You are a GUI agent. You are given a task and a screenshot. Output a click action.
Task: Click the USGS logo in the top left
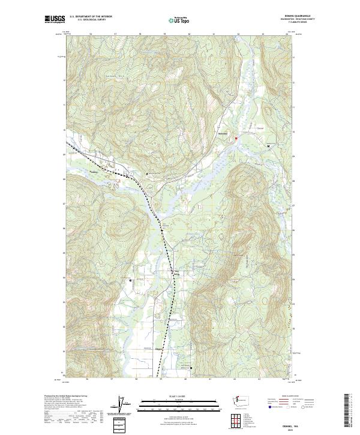click(x=55, y=20)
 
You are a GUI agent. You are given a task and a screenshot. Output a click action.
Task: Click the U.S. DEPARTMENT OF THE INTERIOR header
click(x=91, y=17)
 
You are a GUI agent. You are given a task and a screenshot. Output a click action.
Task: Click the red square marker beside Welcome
click(x=236, y=139)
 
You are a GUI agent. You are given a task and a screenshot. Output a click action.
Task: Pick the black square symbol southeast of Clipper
click(x=191, y=367)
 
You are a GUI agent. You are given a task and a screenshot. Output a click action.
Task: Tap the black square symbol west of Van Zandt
click(x=130, y=280)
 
